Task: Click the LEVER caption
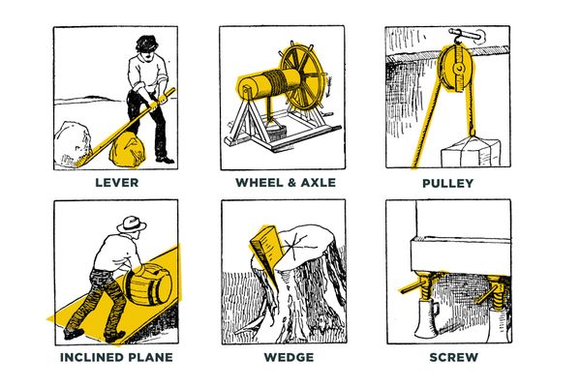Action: pos(117,183)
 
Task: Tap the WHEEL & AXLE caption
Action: pos(286,183)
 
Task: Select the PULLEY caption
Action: pos(447,183)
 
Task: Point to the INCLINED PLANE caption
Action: pos(116,357)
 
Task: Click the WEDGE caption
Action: pos(289,357)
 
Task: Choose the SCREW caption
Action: pos(453,357)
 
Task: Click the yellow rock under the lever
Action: pos(128,149)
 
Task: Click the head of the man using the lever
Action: pos(147,47)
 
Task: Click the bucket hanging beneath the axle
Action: pos(277,133)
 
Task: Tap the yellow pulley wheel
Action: pos(454,68)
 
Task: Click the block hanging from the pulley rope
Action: pos(471,153)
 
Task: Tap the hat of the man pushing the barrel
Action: pos(132,224)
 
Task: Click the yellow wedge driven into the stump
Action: pos(268,253)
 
